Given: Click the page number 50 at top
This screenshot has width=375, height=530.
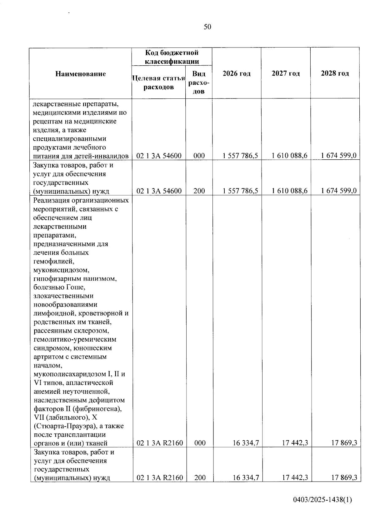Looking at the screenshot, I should tap(207, 27).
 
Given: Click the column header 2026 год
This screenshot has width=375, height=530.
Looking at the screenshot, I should tap(237, 73).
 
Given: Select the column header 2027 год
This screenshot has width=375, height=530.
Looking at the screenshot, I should tap(286, 73).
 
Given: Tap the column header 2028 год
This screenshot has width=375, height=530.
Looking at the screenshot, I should tap(335, 73).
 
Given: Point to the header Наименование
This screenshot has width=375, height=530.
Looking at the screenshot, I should tap(81, 74).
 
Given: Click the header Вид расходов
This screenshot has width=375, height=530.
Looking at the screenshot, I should tap(199, 82).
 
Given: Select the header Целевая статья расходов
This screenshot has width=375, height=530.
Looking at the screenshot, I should tap(159, 82).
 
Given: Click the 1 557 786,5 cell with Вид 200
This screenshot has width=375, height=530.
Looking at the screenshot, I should tap(240, 191).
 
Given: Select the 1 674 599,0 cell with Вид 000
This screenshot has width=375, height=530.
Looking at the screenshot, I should tap(339, 156).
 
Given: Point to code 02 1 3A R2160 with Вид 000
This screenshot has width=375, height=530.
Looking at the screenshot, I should tap(160, 443).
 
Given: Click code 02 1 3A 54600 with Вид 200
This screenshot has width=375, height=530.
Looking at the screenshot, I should tap(159, 191).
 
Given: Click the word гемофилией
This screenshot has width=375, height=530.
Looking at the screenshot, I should tap(53, 261).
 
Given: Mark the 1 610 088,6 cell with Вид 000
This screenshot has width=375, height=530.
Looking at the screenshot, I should tap(290, 156).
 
